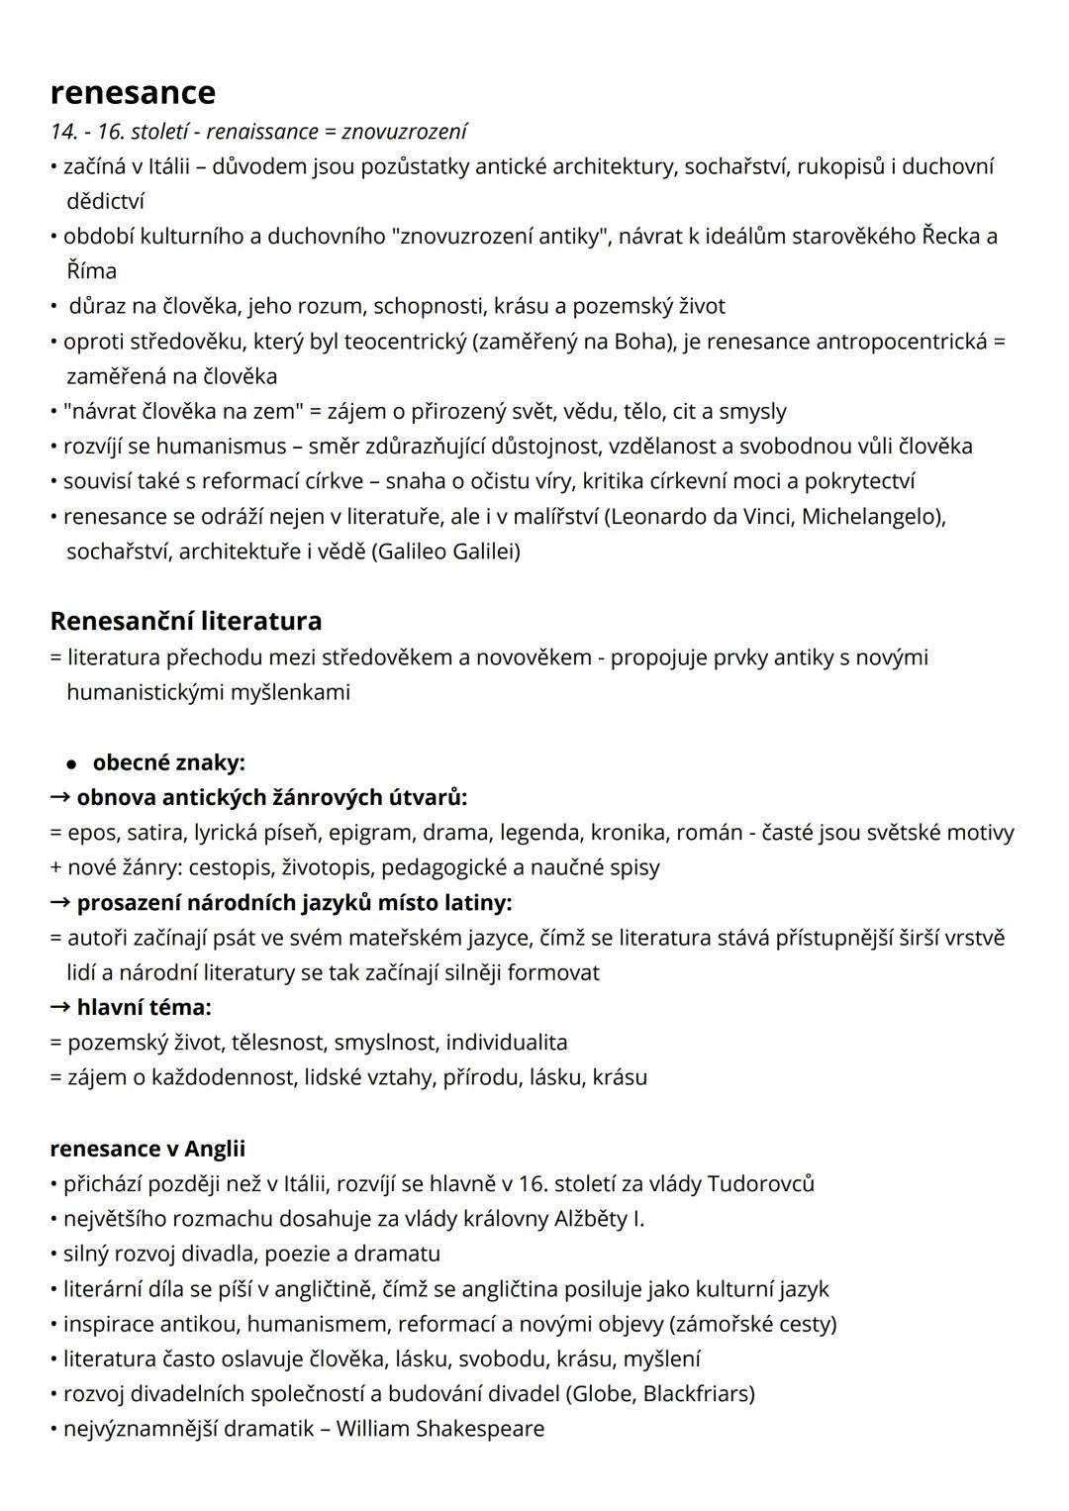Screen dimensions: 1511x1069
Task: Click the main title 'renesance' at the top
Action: point(133,92)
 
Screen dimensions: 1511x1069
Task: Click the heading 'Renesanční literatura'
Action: point(186,621)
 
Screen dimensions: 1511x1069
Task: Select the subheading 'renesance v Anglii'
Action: point(147,1149)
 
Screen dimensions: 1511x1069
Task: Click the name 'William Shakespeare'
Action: point(440,1429)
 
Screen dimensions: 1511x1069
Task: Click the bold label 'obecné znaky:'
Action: point(168,762)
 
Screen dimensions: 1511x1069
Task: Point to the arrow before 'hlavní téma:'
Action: point(60,1007)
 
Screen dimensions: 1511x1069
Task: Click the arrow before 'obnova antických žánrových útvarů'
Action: point(60,797)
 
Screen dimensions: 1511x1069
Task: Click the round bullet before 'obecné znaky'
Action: point(71,763)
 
